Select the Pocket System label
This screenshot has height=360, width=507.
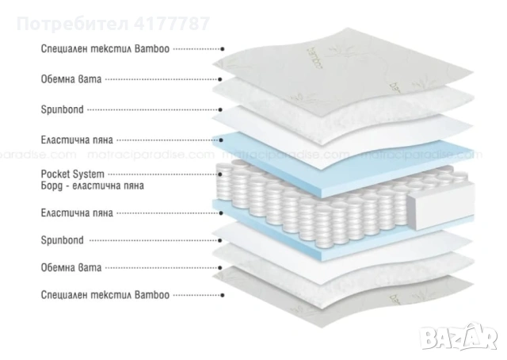[71, 173]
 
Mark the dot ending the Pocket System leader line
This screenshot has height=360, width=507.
[220, 172]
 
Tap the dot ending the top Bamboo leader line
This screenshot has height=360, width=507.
[222, 48]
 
